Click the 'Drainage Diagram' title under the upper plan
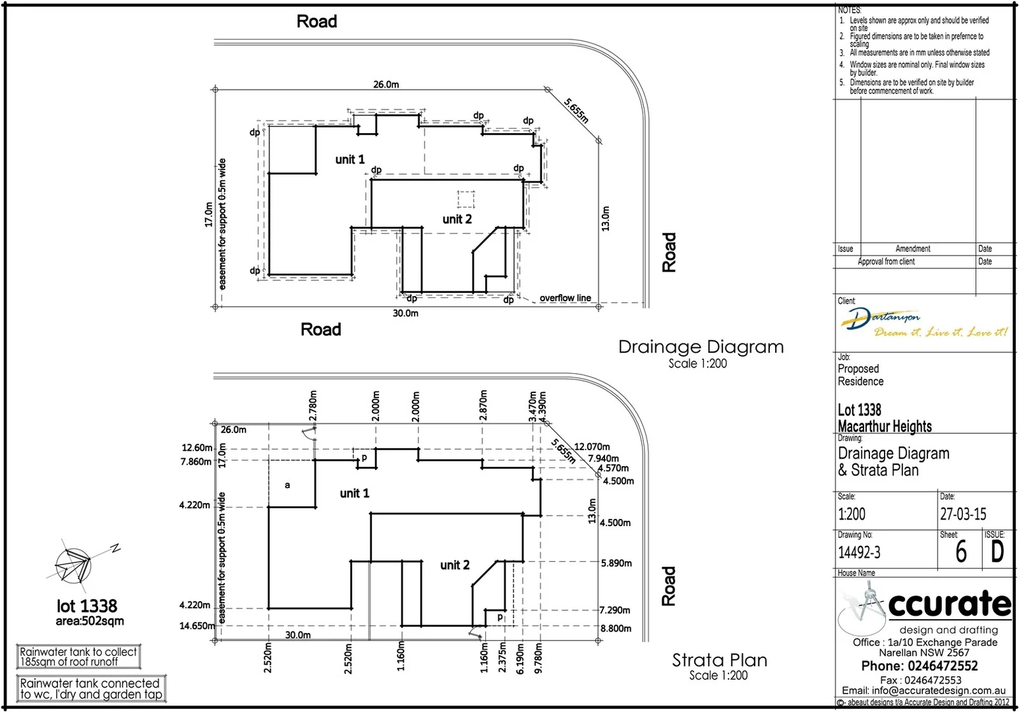[x=701, y=347]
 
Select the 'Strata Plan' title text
[x=719, y=660]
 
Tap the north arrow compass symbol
[x=74, y=566]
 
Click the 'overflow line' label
[x=565, y=298]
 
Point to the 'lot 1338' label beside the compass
[x=87, y=606]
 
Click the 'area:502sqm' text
[x=90, y=621]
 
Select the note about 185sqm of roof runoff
[x=78, y=657]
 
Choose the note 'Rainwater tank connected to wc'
[x=90, y=689]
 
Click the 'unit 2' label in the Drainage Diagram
[x=457, y=220]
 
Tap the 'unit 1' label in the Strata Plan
[x=354, y=493]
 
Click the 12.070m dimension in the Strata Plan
[x=591, y=447]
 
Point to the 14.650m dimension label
[x=196, y=626]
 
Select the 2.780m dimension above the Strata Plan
[x=313, y=405]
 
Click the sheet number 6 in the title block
[x=961, y=552]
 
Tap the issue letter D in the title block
[x=997, y=552]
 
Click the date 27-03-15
[x=963, y=514]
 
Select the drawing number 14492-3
[x=859, y=552]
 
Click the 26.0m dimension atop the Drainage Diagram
[x=386, y=84]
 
